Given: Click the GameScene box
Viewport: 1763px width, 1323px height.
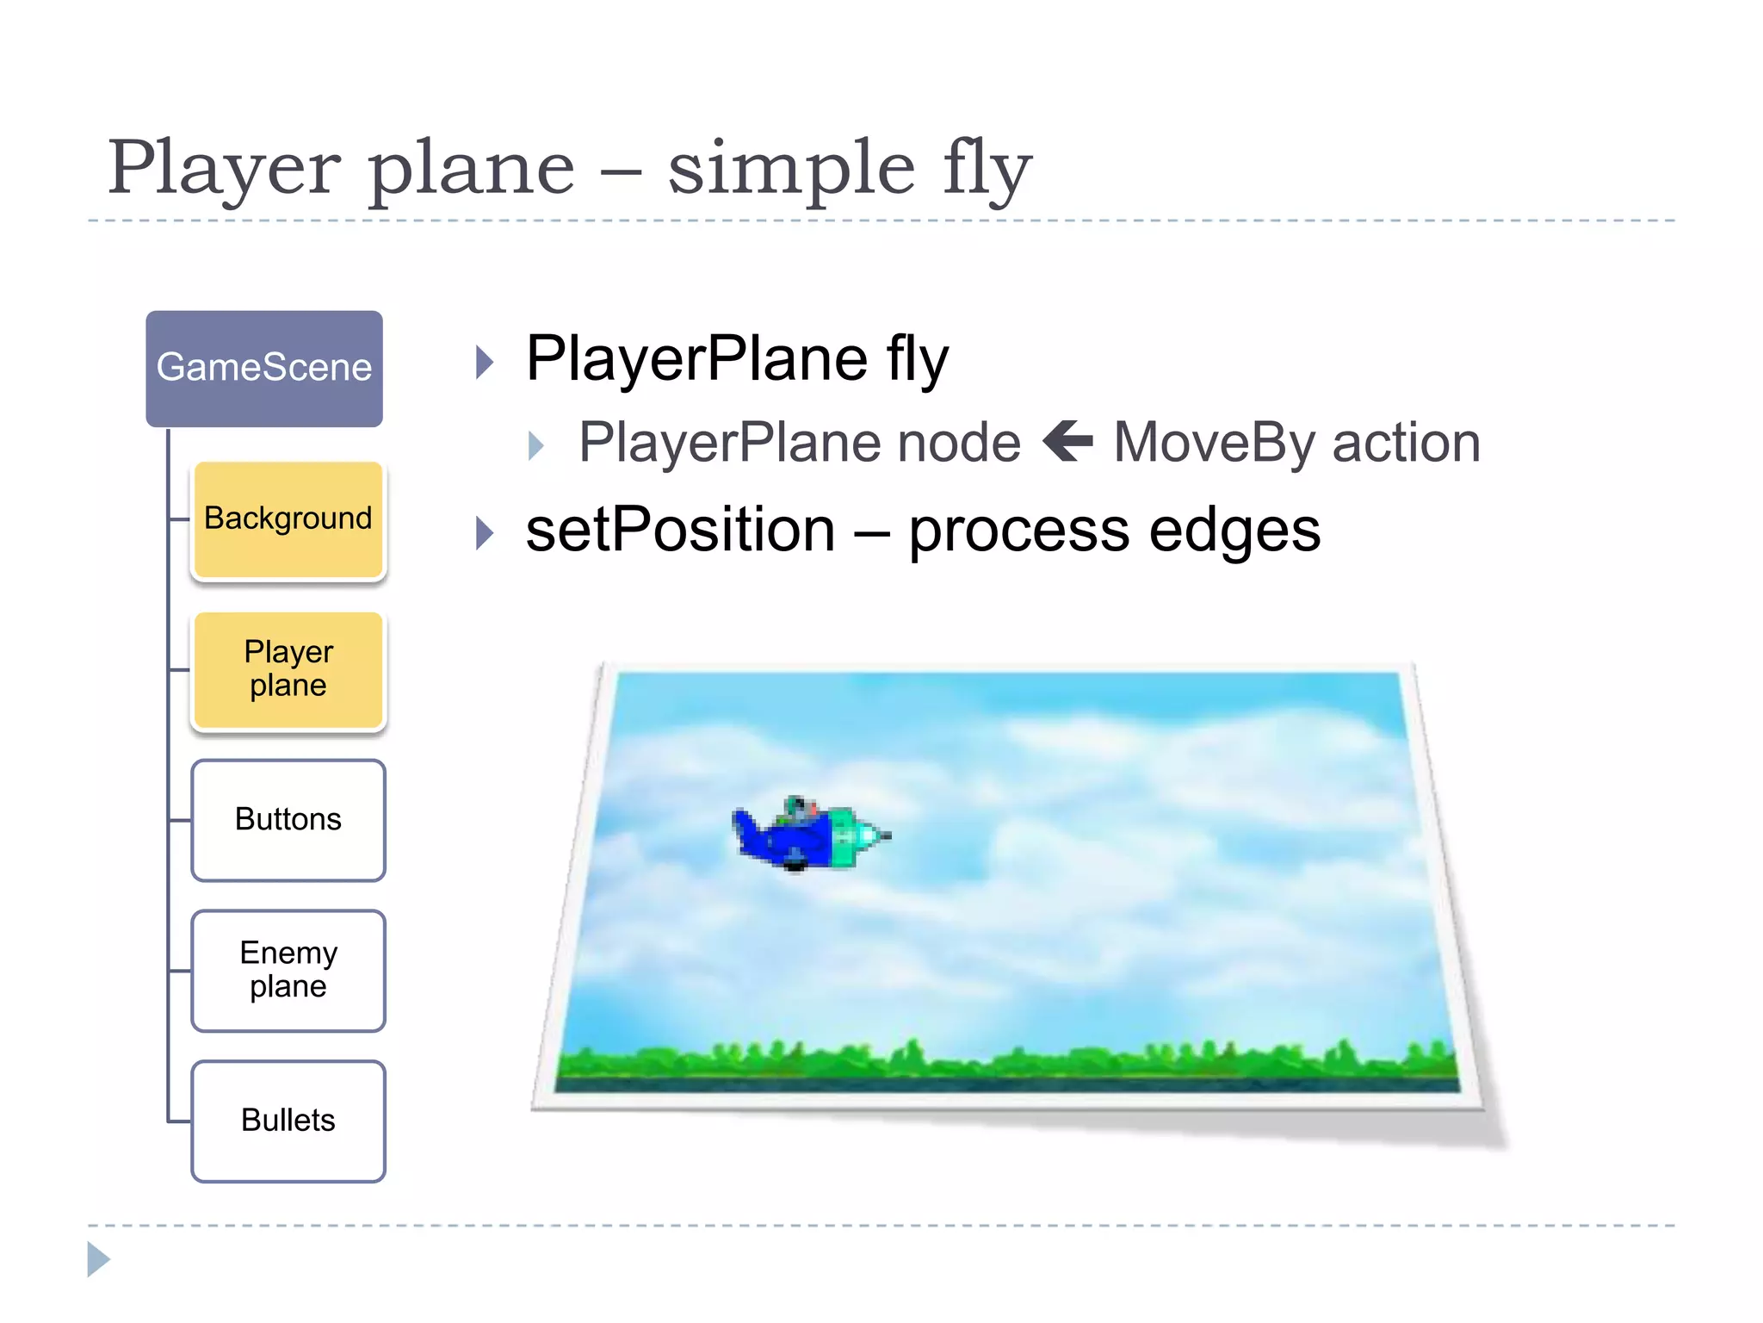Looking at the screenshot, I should point(264,369).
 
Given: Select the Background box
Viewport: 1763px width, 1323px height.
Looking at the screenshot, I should point(288,519).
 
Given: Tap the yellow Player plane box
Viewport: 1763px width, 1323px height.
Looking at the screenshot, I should point(288,669).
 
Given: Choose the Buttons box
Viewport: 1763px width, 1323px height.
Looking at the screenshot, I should point(288,820).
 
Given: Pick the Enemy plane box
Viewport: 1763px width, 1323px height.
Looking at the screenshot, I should point(288,971).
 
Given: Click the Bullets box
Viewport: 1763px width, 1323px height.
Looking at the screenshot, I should point(288,1121).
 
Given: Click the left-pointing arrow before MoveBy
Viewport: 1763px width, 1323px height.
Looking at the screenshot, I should point(1067,441).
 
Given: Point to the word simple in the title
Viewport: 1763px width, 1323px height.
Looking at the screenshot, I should point(791,168).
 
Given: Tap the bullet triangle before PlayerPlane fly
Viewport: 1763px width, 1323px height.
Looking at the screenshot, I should point(486,363).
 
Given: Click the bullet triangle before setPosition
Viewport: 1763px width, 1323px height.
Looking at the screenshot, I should point(486,533).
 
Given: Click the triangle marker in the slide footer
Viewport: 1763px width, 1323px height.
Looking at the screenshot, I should point(98,1259).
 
